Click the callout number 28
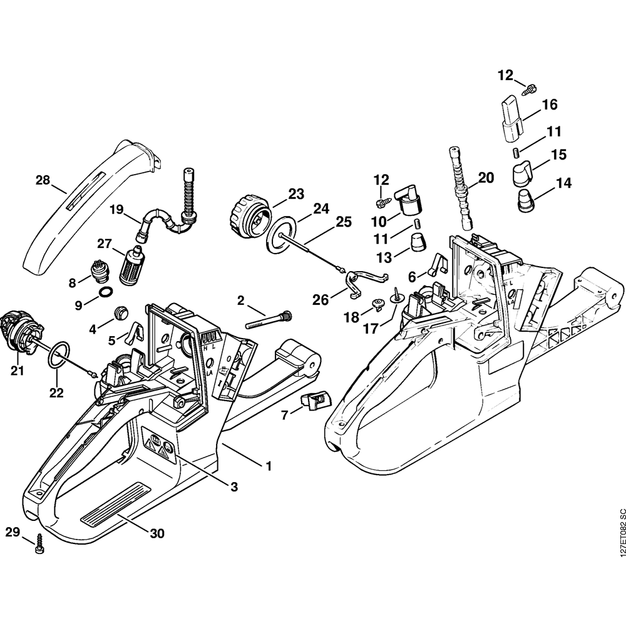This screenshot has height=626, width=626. pyautogui.click(x=42, y=180)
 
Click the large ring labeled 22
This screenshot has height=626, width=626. pyautogui.click(x=59, y=354)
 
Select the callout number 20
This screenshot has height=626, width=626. pyautogui.click(x=486, y=178)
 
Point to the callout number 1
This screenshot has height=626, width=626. pyautogui.click(x=269, y=466)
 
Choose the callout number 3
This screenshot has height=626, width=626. pyautogui.click(x=233, y=486)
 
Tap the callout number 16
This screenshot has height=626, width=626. pyautogui.click(x=549, y=105)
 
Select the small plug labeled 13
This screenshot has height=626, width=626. pyautogui.click(x=416, y=241)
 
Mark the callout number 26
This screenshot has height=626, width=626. pyautogui.click(x=321, y=300)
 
